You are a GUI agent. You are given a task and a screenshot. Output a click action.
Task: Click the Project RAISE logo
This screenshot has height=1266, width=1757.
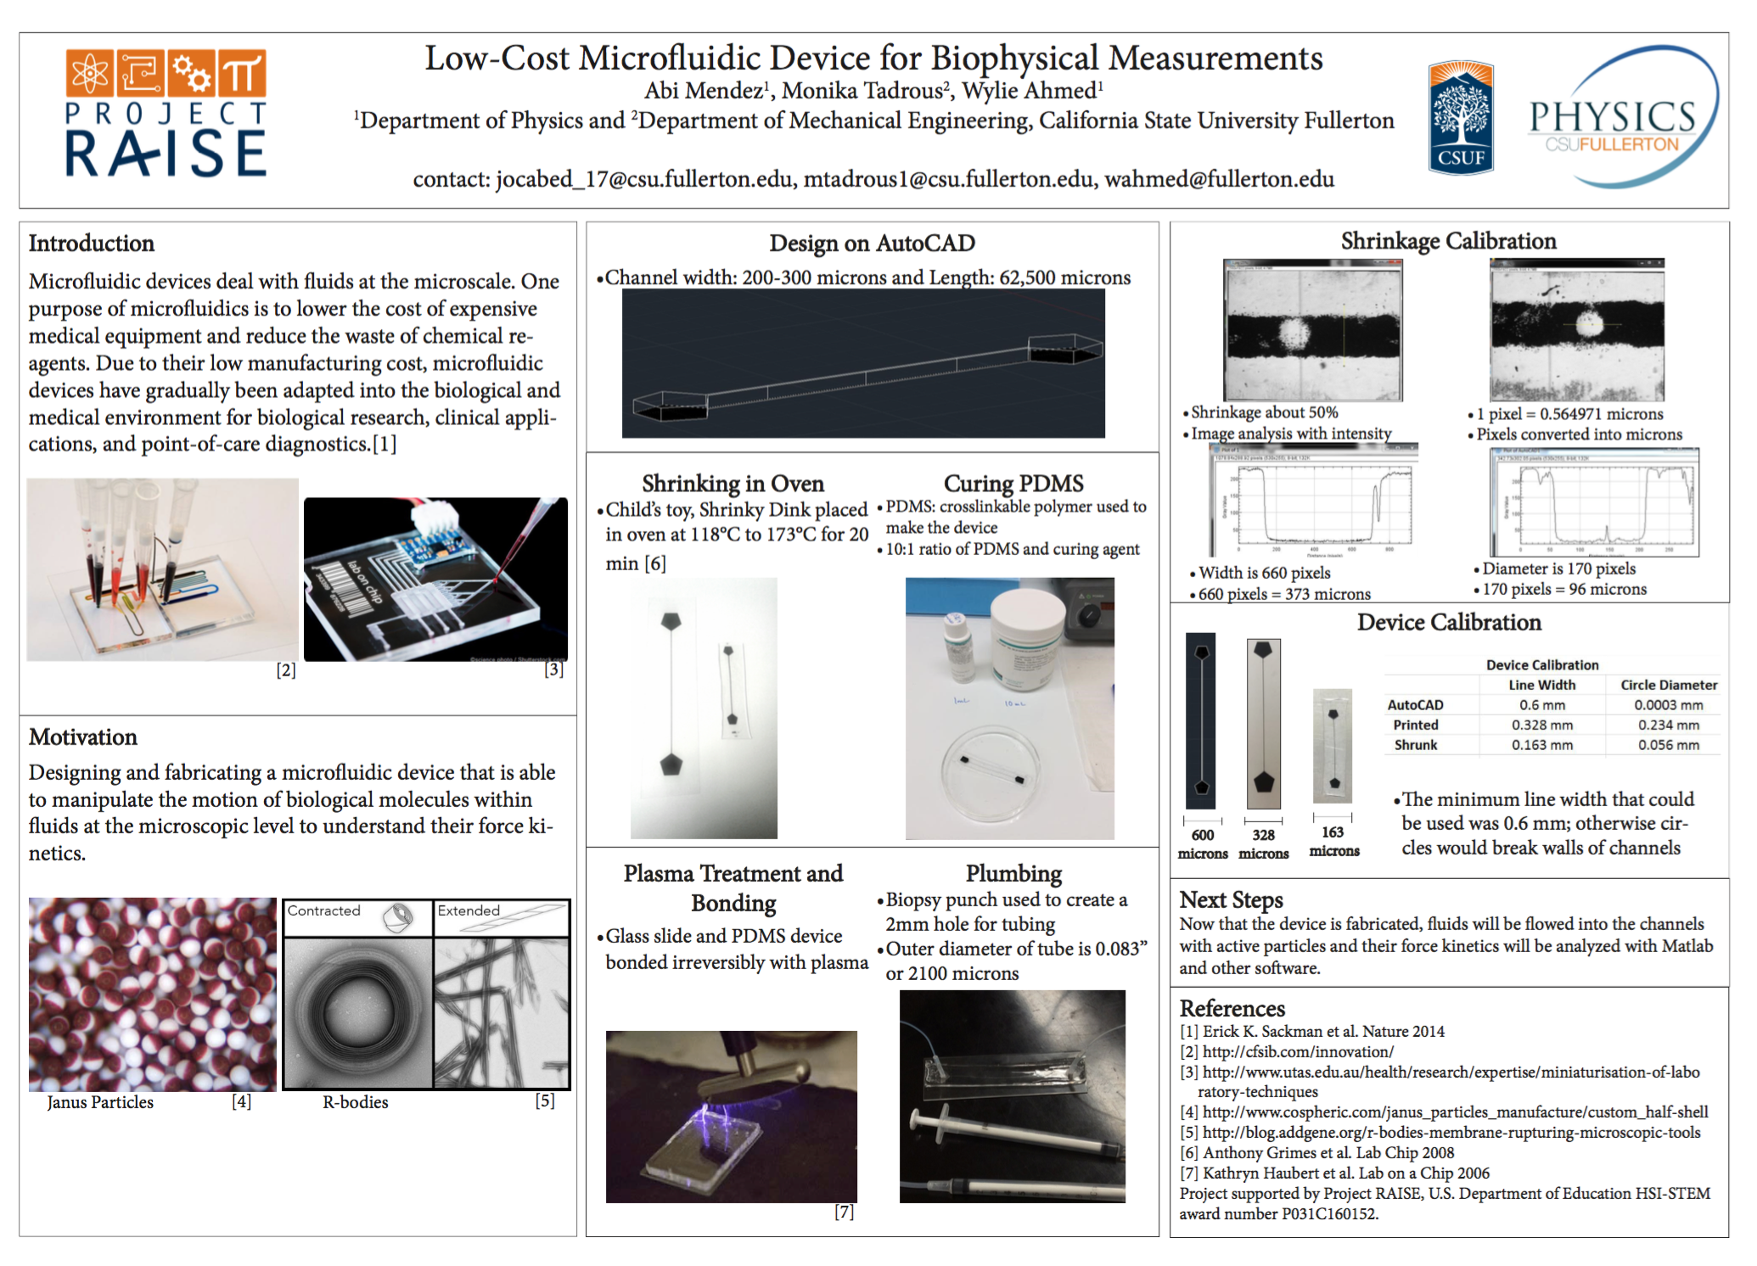point(166,114)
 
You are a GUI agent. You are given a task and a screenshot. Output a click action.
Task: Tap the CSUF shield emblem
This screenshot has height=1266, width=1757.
point(1461,117)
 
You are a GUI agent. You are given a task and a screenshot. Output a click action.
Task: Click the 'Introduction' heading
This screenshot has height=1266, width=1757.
point(92,244)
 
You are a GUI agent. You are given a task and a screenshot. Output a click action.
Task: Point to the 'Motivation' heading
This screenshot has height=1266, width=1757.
point(83,737)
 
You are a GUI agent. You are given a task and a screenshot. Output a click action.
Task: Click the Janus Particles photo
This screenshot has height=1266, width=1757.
point(153,994)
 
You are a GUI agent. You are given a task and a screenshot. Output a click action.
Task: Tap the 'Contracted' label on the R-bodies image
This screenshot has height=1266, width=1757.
point(324,910)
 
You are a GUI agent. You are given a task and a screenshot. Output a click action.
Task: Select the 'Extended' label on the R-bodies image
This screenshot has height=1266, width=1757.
point(469,910)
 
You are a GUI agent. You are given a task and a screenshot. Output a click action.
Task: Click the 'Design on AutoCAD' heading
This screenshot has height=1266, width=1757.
point(872,244)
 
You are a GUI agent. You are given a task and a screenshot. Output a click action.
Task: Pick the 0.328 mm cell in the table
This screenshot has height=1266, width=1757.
point(1541,725)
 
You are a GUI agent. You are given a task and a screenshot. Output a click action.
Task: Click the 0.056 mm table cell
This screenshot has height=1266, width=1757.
point(1668,745)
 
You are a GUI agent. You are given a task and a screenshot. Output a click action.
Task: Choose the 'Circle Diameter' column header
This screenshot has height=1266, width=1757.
point(1668,685)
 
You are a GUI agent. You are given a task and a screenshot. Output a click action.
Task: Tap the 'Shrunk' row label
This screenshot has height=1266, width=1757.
point(1416,745)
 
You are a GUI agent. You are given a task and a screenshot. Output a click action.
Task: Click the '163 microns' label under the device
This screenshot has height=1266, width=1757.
point(1333,842)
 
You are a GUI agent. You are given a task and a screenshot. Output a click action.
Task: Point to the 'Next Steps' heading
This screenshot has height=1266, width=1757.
point(1231,899)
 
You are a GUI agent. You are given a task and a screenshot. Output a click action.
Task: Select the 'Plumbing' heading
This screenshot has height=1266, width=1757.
point(1013,873)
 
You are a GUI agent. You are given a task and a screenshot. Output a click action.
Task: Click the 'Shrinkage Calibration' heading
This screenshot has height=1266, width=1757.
point(1448,241)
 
